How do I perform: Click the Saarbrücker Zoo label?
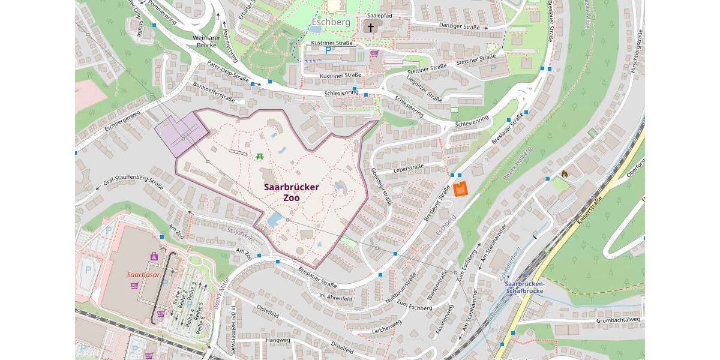click(x=292, y=192)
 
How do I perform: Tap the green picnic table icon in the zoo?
click(x=260, y=156)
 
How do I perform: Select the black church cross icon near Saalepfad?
click(x=370, y=27)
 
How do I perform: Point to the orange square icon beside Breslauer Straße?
click(x=460, y=188)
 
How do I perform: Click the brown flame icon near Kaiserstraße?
click(x=565, y=173)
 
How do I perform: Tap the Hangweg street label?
click(x=277, y=340)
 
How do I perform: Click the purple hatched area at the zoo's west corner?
click(x=182, y=133)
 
